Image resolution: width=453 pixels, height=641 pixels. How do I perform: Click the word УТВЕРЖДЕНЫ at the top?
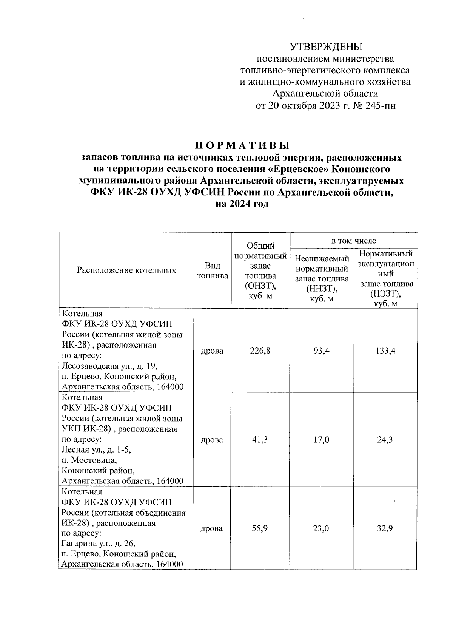326,47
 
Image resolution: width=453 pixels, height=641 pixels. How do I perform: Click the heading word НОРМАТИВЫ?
242,145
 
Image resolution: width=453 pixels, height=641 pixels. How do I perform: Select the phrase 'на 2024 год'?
242,204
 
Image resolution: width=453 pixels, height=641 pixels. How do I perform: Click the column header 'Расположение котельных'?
126,270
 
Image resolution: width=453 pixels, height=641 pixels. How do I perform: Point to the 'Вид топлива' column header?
213,270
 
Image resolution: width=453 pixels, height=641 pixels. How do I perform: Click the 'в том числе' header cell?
353,241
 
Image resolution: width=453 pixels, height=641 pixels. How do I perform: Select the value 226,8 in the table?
260,351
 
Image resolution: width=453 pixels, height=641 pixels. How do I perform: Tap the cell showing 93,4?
321,351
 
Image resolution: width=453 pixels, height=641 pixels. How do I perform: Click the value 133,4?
385,351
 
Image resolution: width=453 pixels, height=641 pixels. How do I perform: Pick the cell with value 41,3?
260,440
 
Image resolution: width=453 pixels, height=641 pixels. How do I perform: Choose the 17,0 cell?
321,440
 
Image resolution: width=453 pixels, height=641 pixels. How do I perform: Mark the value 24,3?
385,440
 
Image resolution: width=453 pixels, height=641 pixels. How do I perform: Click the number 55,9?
260,528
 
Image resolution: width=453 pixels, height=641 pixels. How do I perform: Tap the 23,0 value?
321,528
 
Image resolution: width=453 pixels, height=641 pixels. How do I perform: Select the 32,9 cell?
385,528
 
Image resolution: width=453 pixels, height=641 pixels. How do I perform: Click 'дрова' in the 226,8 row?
213,351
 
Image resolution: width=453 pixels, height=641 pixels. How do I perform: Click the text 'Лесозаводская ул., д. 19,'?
109,366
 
